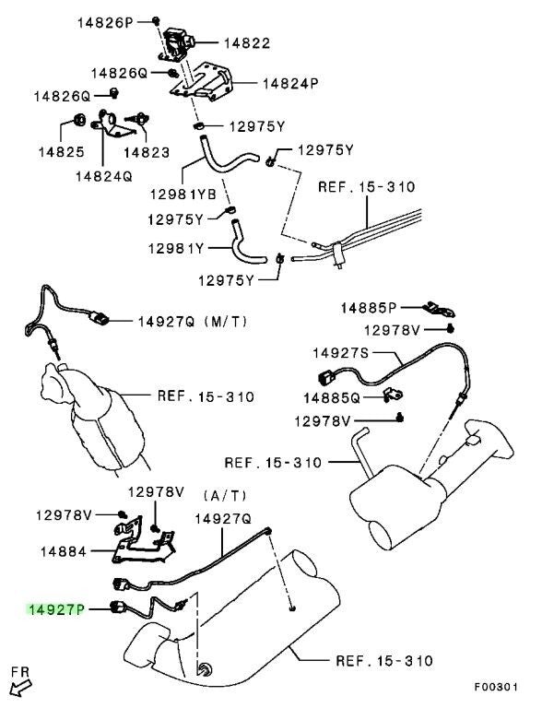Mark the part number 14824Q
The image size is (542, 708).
pos(104,173)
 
